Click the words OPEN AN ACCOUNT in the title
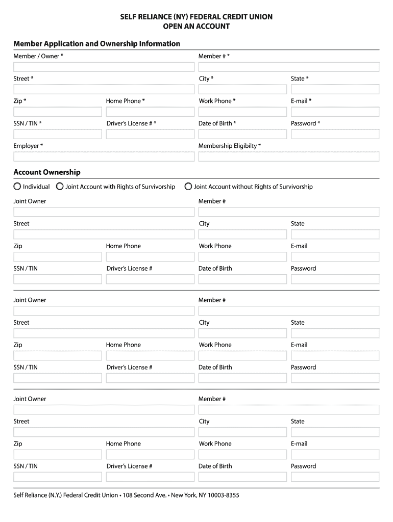click(x=196, y=26)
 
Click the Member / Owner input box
click(x=104, y=67)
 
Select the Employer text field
click(x=104, y=156)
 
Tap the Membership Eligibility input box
click(x=288, y=156)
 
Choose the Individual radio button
click(x=18, y=187)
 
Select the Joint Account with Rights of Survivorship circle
click(x=60, y=187)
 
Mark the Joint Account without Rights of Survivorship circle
click(x=188, y=187)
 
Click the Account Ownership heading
click(x=47, y=172)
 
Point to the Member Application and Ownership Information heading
click(x=96, y=44)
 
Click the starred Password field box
click(x=335, y=134)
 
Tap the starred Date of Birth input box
click(x=242, y=134)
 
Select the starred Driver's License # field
click(x=150, y=134)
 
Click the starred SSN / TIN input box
click(x=58, y=134)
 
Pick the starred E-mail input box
click(x=335, y=112)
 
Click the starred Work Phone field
click(x=242, y=112)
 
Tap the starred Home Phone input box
click(x=150, y=112)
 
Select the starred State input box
click(x=335, y=89)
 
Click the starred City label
click(x=206, y=79)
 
